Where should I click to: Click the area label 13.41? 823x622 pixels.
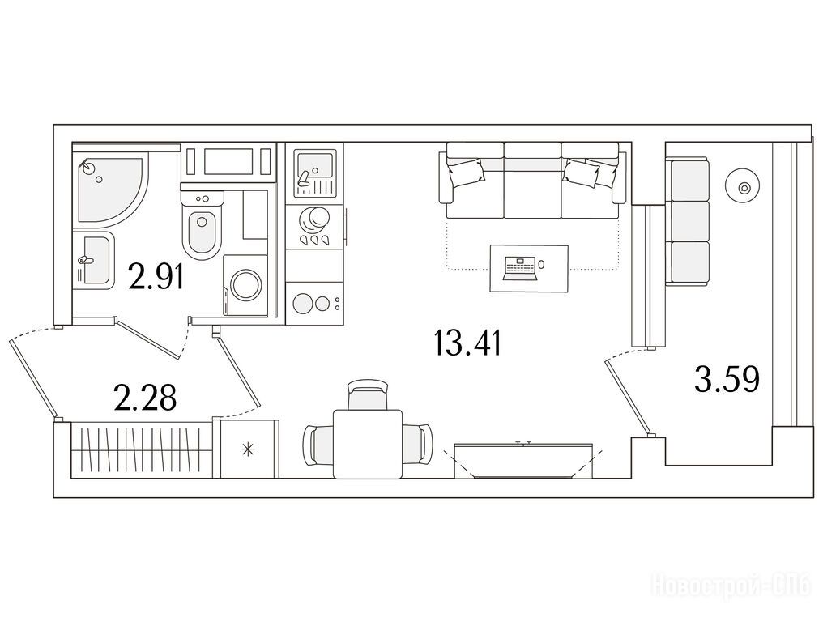coord(468,343)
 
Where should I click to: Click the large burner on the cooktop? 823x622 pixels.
coord(304,304)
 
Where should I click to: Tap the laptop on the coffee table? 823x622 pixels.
coord(520,266)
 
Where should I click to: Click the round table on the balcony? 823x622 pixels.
coord(741,187)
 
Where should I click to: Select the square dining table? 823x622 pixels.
coord(368,444)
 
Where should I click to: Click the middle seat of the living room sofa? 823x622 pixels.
coord(532,181)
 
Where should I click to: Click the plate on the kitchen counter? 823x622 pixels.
coord(313,219)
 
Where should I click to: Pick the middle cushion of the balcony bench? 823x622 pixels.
coord(690,221)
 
